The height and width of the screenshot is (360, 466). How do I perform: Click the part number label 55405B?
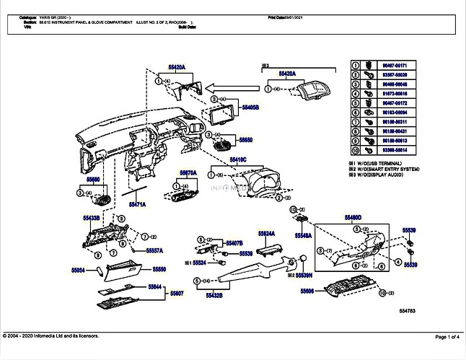(x=250, y=106)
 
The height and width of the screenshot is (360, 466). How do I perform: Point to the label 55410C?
(x=238, y=159)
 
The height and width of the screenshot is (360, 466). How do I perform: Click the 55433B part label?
(x=91, y=217)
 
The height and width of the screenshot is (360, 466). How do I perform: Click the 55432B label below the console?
(x=214, y=295)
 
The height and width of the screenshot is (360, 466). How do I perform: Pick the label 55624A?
(x=265, y=234)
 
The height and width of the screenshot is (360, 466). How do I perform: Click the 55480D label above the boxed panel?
(x=353, y=217)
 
